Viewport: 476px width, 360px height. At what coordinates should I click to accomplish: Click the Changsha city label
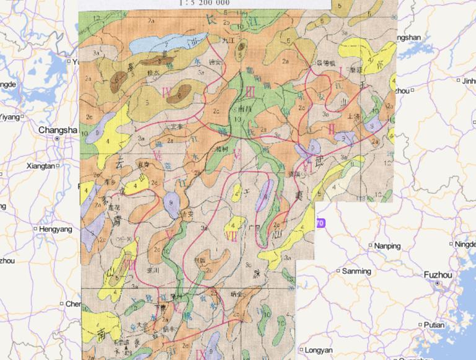[58, 130]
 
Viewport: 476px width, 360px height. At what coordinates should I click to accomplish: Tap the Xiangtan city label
[42, 166]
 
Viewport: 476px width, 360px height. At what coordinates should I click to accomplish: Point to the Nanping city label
[387, 246]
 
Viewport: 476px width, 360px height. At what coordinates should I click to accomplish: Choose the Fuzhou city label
[438, 274]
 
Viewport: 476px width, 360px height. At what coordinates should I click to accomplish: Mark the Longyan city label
[319, 349]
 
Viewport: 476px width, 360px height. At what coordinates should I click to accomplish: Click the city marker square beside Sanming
[338, 271]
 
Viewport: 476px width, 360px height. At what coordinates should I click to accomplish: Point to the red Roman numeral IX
[200, 354]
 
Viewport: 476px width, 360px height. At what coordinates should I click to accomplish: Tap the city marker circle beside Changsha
[57, 139]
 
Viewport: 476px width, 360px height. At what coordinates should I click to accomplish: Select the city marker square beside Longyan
[301, 349]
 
